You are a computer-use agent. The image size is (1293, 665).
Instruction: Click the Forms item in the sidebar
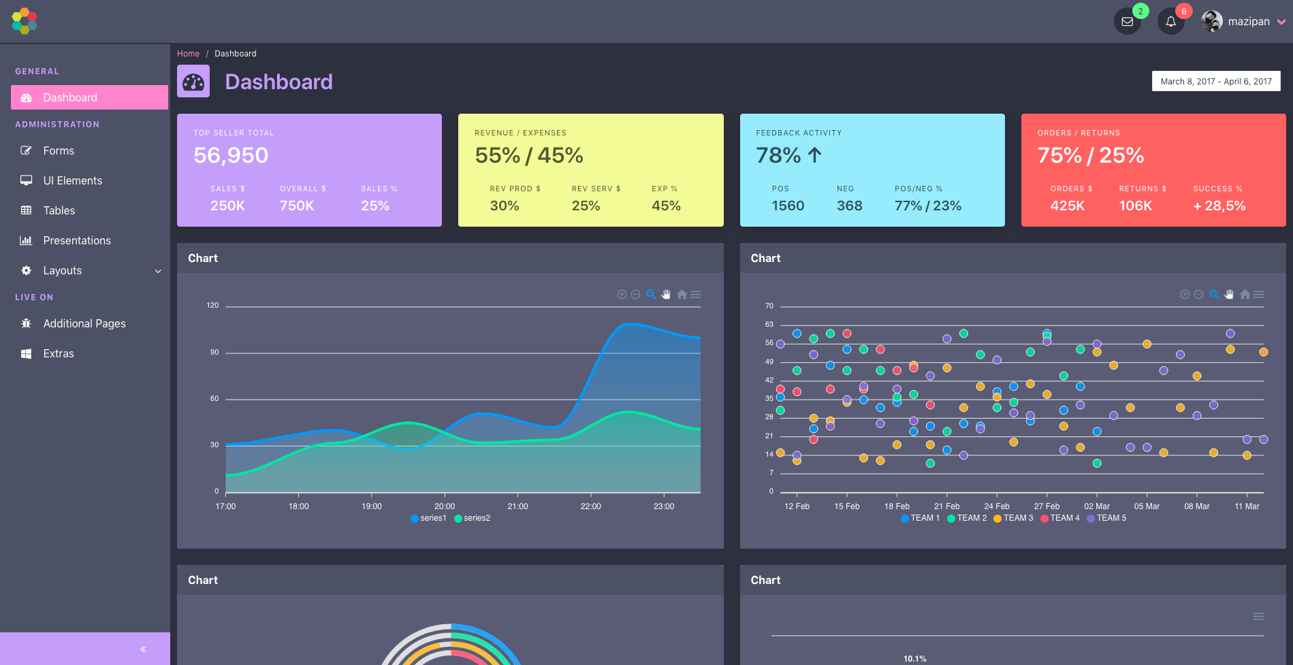click(59, 150)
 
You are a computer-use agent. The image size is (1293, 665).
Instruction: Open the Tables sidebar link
click(59, 210)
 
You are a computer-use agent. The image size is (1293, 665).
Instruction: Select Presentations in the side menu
click(77, 240)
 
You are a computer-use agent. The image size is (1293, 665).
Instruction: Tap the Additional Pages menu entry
click(84, 323)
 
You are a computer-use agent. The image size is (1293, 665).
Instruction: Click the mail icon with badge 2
click(1128, 22)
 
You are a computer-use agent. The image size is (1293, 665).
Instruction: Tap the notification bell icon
click(1170, 22)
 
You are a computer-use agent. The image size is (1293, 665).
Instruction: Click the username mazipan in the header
click(1249, 22)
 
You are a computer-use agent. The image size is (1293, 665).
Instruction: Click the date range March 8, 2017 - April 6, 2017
click(1216, 82)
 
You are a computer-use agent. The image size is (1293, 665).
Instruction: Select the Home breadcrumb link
click(188, 54)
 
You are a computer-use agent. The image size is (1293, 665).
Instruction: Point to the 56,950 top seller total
click(231, 155)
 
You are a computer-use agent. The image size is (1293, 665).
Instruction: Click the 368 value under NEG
click(849, 206)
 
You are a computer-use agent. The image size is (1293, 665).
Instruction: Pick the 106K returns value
click(1135, 206)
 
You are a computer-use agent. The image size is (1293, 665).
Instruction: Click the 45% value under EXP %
click(666, 206)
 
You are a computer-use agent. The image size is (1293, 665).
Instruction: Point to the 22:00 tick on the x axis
click(590, 506)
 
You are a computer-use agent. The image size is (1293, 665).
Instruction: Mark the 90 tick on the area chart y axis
click(214, 353)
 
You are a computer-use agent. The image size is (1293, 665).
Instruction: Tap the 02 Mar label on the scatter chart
click(1096, 506)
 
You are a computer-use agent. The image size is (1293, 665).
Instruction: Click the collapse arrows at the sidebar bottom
click(143, 649)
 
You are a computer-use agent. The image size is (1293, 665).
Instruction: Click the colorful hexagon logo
click(25, 21)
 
